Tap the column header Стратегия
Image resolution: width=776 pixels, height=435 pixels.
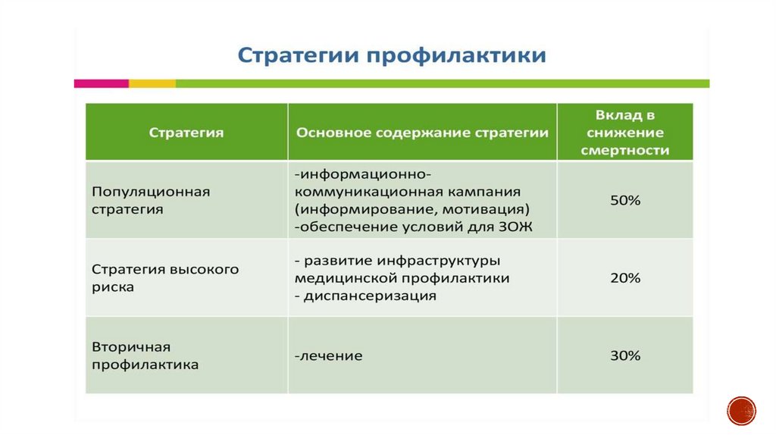click(x=186, y=133)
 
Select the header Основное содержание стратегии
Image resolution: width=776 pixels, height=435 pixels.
click(x=422, y=133)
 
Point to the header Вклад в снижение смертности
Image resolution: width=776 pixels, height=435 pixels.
click(x=625, y=133)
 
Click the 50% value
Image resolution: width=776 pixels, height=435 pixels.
click(x=625, y=200)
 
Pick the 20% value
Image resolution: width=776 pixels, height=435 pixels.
click(x=625, y=278)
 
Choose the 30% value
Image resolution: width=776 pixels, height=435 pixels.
click(x=625, y=356)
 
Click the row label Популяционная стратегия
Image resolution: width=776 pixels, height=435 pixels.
click(x=151, y=200)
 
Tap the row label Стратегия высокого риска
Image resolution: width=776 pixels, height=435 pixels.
click(x=165, y=278)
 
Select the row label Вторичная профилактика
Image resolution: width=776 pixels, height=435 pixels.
click(x=145, y=356)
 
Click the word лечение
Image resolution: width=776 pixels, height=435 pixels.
click(x=331, y=356)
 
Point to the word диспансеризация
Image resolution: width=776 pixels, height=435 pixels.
click(x=370, y=296)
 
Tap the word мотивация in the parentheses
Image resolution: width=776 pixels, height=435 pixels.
click(x=486, y=209)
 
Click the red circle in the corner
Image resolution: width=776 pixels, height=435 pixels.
click(x=741, y=411)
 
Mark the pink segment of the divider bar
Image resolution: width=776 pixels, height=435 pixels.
click(x=102, y=83)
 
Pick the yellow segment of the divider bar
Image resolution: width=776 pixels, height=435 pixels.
click(x=152, y=83)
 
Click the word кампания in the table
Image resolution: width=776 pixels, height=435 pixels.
click(x=478, y=192)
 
